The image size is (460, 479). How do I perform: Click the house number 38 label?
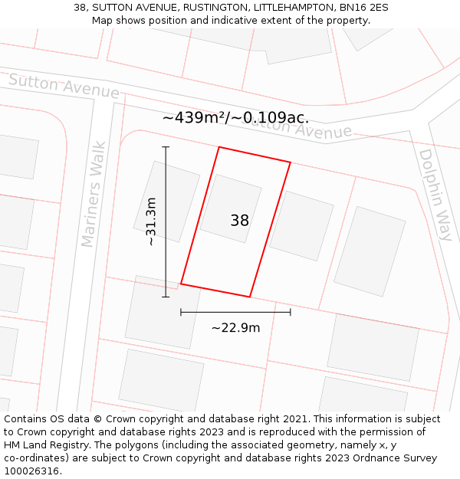pyautogui.click(x=239, y=221)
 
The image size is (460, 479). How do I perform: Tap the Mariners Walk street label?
pyautogui.click(x=94, y=193)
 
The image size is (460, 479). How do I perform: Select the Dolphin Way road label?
pyautogui.click(x=435, y=195)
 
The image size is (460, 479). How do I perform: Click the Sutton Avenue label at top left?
pyautogui.click(x=64, y=87)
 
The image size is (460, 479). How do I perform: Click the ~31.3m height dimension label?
pyautogui.click(x=151, y=221)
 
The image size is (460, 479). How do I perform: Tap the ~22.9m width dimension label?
pyautogui.click(x=235, y=328)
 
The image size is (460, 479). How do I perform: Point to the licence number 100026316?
pyautogui.click(x=33, y=471)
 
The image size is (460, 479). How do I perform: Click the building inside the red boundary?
pyautogui.click(x=231, y=208)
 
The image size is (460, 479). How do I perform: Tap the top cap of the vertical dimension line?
pyautogui.click(x=166, y=146)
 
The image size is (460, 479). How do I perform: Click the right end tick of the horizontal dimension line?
pyautogui.click(x=290, y=312)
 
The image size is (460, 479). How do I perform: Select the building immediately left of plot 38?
pyautogui.click(x=166, y=201)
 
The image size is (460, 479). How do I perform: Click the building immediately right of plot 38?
pyautogui.click(x=301, y=225)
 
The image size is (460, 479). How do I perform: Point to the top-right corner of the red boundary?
pyautogui.click(x=290, y=162)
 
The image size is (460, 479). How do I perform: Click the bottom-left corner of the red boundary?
pyautogui.click(x=181, y=284)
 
